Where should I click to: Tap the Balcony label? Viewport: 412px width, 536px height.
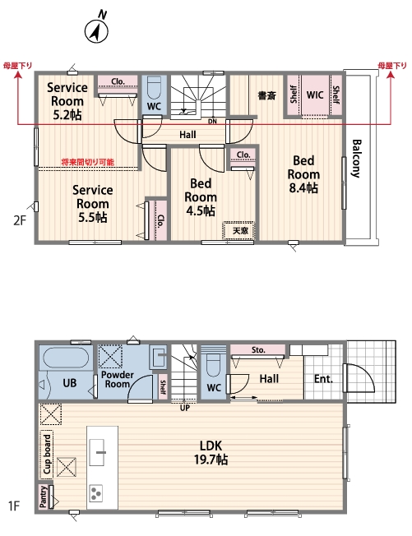tap(356, 159)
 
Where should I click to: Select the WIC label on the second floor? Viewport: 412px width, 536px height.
tap(315, 95)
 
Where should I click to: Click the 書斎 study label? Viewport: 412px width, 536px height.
tap(266, 95)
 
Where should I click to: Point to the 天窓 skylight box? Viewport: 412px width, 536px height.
tap(240, 231)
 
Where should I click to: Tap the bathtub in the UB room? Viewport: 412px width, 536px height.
tap(67, 358)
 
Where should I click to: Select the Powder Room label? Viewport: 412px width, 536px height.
tap(117, 379)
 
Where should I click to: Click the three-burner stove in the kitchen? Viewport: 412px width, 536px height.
tap(96, 493)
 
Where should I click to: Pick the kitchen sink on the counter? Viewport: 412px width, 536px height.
tap(97, 452)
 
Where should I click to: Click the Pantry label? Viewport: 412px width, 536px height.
tap(44, 497)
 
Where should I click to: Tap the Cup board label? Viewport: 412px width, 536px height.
tap(47, 454)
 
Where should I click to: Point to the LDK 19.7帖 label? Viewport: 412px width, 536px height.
tap(211, 453)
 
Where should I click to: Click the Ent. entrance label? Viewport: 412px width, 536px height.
tap(323, 379)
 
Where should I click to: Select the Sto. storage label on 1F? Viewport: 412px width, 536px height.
tap(258, 349)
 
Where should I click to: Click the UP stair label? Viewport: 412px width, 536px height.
tap(185, 408)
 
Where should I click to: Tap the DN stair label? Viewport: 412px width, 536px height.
tap(212, 122)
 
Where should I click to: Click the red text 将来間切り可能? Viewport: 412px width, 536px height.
tap(88, 162)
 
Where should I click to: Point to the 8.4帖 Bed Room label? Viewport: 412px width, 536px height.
tap(303, 174)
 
